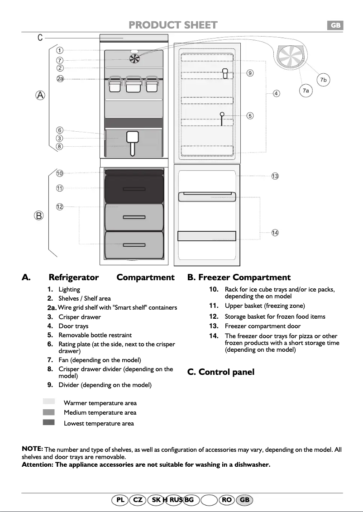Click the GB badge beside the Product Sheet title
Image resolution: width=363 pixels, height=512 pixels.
(335, 26)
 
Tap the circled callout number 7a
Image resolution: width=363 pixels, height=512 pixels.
(306, 91)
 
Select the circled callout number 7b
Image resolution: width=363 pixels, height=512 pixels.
(323, 80)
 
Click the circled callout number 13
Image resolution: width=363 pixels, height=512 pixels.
(275, 176)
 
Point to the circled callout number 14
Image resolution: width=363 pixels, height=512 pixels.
(275, 233)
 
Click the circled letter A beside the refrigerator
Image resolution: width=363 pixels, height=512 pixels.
(41, 95)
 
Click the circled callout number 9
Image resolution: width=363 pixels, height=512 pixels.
(250, 73)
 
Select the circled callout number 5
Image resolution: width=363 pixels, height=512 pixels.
(250, 115)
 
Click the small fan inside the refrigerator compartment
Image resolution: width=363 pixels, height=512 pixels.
(134, 58)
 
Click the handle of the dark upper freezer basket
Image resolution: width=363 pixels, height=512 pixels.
(134, 189)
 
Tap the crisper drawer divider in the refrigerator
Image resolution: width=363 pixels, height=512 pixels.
(133, 142)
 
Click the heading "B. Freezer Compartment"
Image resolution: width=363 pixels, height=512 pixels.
(239, 278)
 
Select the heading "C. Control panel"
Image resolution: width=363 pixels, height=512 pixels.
(221, 372)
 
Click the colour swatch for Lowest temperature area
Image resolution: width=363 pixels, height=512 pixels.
(49, 422)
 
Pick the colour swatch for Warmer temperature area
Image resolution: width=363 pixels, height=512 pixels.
(49, 402)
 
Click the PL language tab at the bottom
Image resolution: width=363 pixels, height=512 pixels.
(120, 500)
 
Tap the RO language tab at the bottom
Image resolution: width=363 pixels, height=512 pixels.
(227, 500)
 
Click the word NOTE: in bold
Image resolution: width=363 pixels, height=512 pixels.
(32, 449)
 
